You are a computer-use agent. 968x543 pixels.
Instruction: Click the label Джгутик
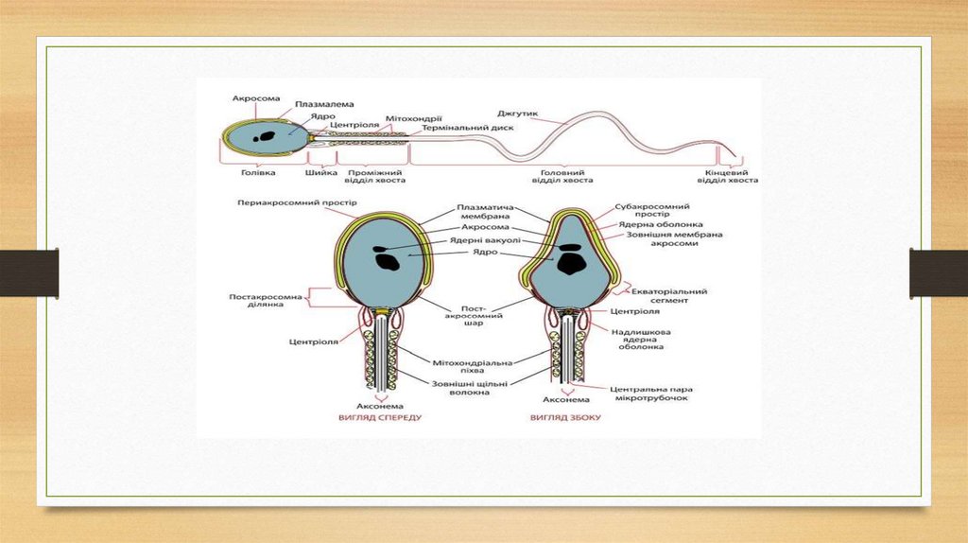click(x=524, y=114)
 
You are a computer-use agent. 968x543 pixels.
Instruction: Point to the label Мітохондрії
click(x=408, y=119)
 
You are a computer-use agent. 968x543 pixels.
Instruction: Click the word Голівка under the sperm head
click(x=259, y=173)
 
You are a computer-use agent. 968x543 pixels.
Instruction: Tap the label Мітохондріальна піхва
click(x=486, y=367)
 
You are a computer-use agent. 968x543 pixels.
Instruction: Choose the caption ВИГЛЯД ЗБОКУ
click(x=565, y=417)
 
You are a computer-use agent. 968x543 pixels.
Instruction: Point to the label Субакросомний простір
click(x=651, y=210)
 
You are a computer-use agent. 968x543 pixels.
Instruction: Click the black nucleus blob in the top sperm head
click(x=269, y=134)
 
